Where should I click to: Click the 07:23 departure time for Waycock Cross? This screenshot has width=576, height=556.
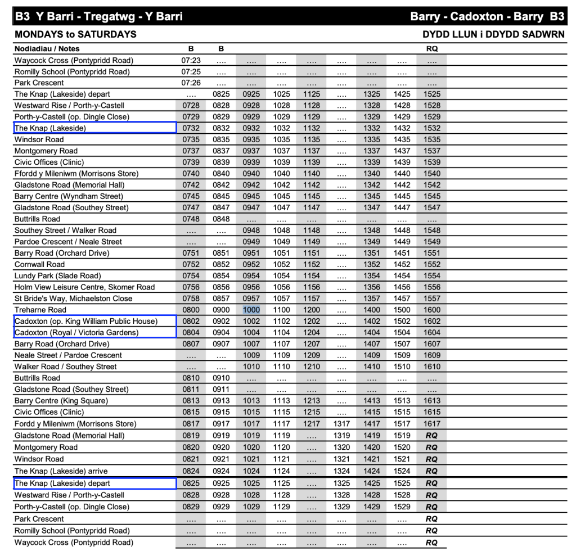point(191,60)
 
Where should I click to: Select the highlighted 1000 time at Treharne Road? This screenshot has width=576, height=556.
point(251,310)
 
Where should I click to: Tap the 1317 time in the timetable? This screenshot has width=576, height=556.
point(341,424)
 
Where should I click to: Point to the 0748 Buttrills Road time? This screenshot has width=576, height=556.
point(191,219)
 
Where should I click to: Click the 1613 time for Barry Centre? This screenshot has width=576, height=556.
point(432,401)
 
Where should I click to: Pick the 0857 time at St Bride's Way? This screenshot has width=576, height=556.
point(221,299)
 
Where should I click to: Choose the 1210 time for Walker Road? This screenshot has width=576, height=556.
point(312,367)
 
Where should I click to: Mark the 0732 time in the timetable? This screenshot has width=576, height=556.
point(191,128)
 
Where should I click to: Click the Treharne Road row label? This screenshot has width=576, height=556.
point(40,310)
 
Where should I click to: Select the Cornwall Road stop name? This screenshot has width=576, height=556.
point(39,264)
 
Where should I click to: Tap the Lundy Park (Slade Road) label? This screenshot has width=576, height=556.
point(58,275)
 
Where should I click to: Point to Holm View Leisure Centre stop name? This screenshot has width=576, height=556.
point(84,287)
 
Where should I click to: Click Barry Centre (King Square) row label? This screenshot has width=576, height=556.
point(61,401)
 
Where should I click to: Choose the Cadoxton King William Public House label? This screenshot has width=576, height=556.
point(86,321)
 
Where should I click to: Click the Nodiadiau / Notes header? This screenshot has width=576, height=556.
point(47,49)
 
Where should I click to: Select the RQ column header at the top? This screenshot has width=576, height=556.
point(432,49)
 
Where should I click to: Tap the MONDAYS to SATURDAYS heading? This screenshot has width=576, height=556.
point(75,34)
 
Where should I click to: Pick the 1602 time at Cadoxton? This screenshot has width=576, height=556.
point(432,321)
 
